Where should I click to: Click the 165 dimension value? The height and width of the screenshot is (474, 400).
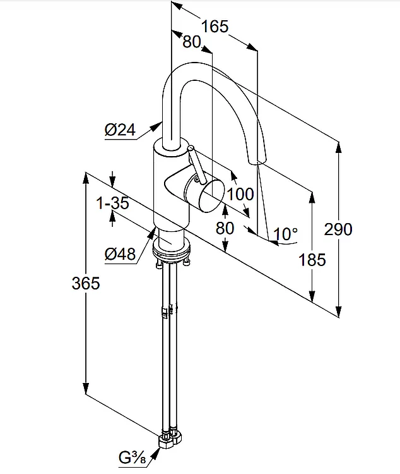(x=214, y=27)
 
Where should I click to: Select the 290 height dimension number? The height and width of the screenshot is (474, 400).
(x=338, y=229)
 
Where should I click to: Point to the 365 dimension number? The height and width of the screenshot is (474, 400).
(x=85, y=283)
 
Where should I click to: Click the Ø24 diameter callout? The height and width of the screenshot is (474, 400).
(x=121, y=130)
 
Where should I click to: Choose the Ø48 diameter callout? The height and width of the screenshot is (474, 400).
(x=121, y=254)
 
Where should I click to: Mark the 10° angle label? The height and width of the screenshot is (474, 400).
(x=285, y=234)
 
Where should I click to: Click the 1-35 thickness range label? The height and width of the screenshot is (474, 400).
(x=112, y=204)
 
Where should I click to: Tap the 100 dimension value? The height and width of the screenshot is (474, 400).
(x=240, y=194)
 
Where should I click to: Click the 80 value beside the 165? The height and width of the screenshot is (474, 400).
(x=192, y=42)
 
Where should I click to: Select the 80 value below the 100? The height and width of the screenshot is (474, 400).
(x=225, y=228)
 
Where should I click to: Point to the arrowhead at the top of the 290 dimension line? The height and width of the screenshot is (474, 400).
(x=338, y=147)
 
